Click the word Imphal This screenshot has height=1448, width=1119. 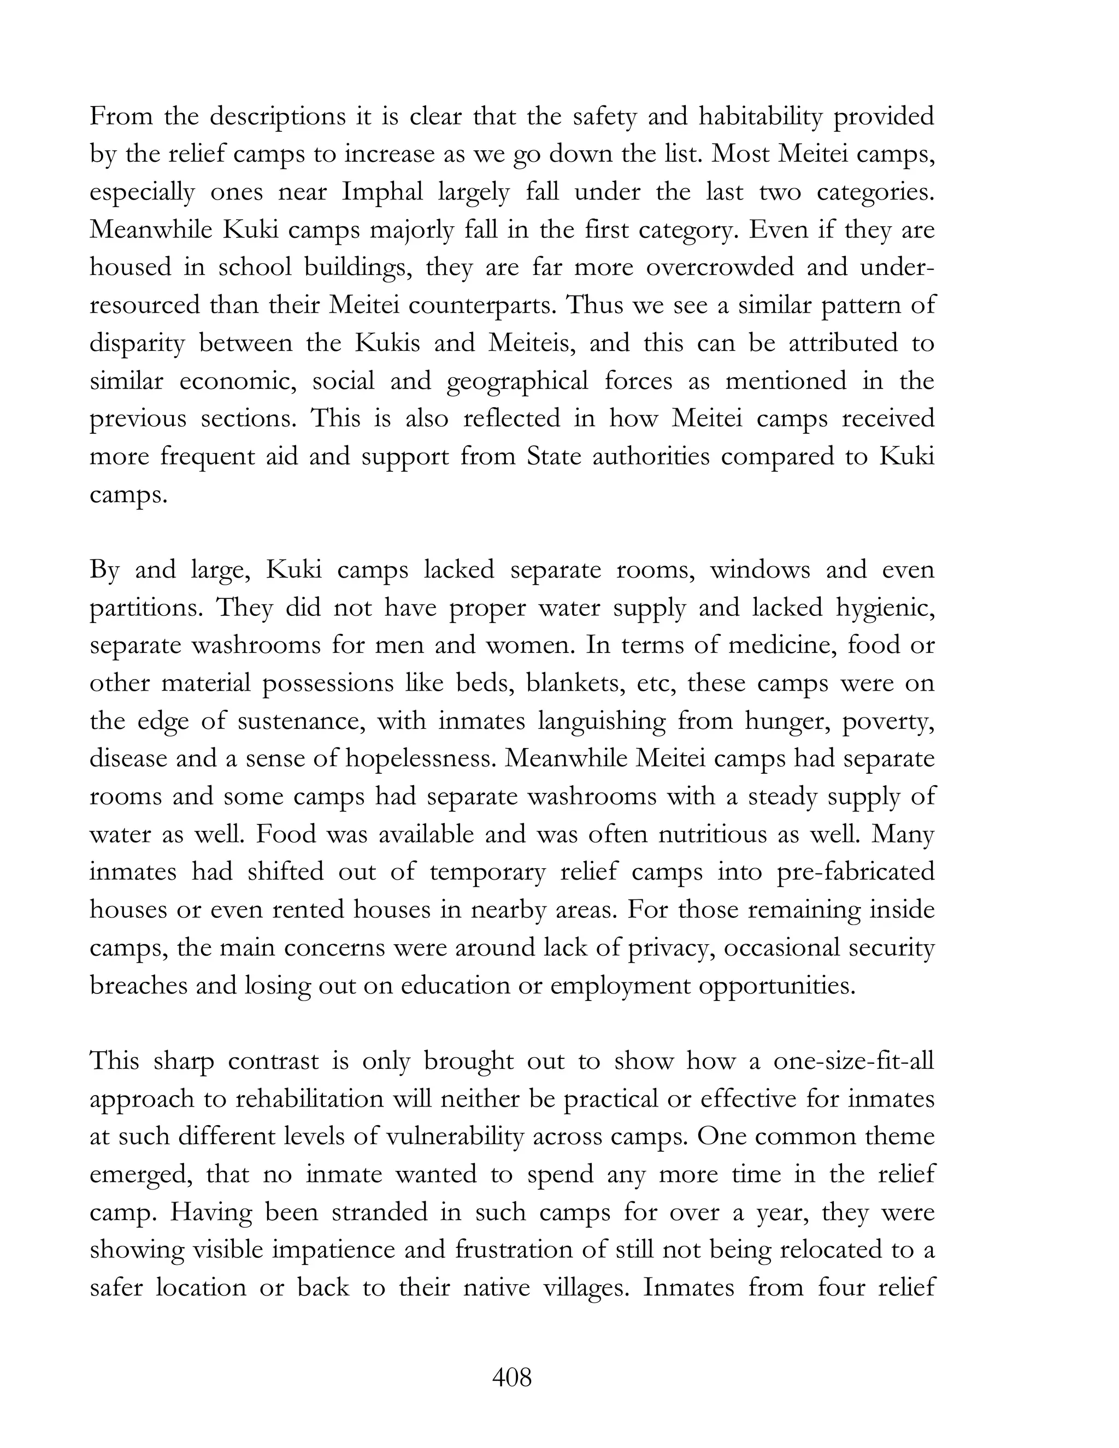pyautogui.click(x=382, y=192)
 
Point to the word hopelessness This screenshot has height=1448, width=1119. pyautogui.click(x=420, y=758)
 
